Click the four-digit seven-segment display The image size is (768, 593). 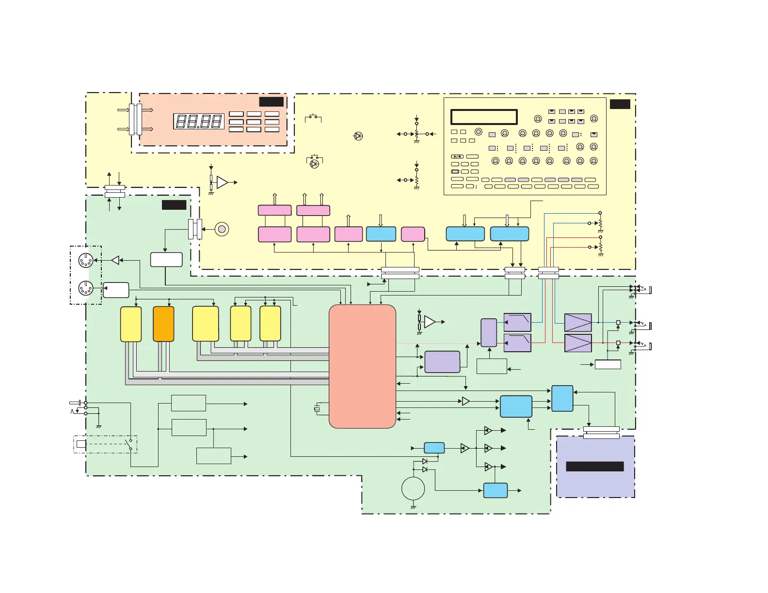199,121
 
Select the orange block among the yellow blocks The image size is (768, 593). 163,324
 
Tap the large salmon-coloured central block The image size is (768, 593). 362,366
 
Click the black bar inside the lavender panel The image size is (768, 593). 595,467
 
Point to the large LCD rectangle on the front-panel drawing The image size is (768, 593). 484,117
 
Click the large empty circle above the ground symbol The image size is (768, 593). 413,488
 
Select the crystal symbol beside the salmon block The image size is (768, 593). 317,409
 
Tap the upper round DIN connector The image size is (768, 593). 86,261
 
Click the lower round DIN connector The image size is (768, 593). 86,289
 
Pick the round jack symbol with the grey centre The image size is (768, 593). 222,229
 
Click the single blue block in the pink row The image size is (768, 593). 381,234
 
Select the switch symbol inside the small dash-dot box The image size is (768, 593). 130,444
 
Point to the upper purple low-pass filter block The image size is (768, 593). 517,322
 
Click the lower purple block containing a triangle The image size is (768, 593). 578,343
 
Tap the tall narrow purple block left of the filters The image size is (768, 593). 489,332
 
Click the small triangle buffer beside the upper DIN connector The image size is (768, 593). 115,260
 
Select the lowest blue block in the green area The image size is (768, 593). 496,490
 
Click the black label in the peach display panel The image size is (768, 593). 272,102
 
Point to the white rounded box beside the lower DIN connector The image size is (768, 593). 116,290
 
